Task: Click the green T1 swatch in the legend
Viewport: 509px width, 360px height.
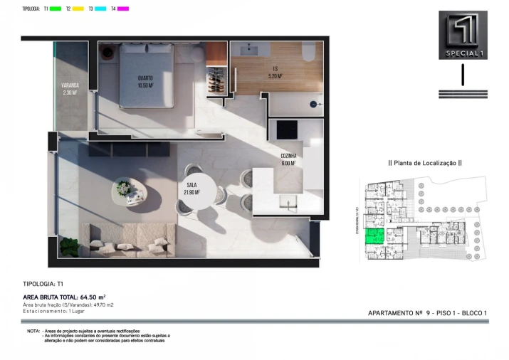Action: (x=55, y=9)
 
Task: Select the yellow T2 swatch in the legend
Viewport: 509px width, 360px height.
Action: (x=78, y=9)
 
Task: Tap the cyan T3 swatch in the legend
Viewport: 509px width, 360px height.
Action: (x=101, y=9)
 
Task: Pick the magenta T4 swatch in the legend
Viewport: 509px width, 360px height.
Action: (x=123, y=9)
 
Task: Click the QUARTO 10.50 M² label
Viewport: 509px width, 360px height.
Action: (x=146, y=81)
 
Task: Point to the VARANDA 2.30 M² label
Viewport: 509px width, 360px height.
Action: (x=69, y=90)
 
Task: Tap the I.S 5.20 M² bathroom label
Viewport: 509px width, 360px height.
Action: (x=276, y=73)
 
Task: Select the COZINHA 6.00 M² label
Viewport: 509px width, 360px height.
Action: (x=288, y=159)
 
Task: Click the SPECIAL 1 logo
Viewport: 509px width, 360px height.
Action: (x=463, y=35)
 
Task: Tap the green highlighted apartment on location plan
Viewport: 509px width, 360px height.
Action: (x=374, y=238)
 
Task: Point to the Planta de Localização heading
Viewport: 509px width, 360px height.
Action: (x=424, y=163)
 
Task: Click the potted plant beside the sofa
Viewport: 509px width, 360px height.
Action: (x=70, y=245)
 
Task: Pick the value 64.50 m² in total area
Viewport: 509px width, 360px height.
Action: (x=92, y=297)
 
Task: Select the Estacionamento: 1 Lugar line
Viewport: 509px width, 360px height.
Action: (x=55, y=311)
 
